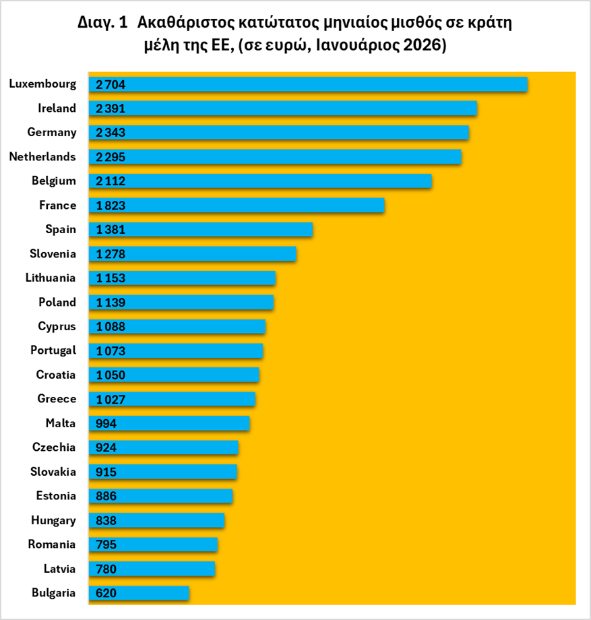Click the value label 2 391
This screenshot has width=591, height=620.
[111, 108]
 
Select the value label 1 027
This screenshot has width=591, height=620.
[111, 400]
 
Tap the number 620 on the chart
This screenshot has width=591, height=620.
[106, 594]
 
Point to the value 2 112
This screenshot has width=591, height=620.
[111, 181]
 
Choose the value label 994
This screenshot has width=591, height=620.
[106, 424]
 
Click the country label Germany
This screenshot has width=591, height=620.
[51, 132]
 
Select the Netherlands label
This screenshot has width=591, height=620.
[42, 156]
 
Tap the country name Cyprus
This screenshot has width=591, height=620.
[57, 326]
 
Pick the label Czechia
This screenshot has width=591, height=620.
[54, 447]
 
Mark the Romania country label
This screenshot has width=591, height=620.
[52, 545]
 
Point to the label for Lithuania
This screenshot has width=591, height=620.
[51, 278]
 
